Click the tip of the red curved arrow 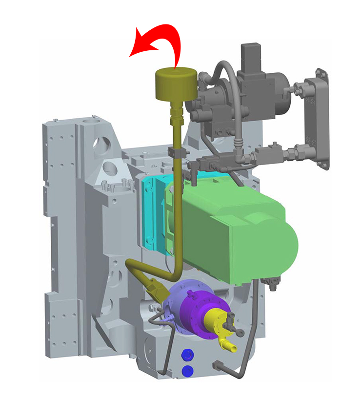[x=130, y=55]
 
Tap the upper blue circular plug [x=185, y=354]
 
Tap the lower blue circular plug [x=185, y=371]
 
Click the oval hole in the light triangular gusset [x=116, y=168]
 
